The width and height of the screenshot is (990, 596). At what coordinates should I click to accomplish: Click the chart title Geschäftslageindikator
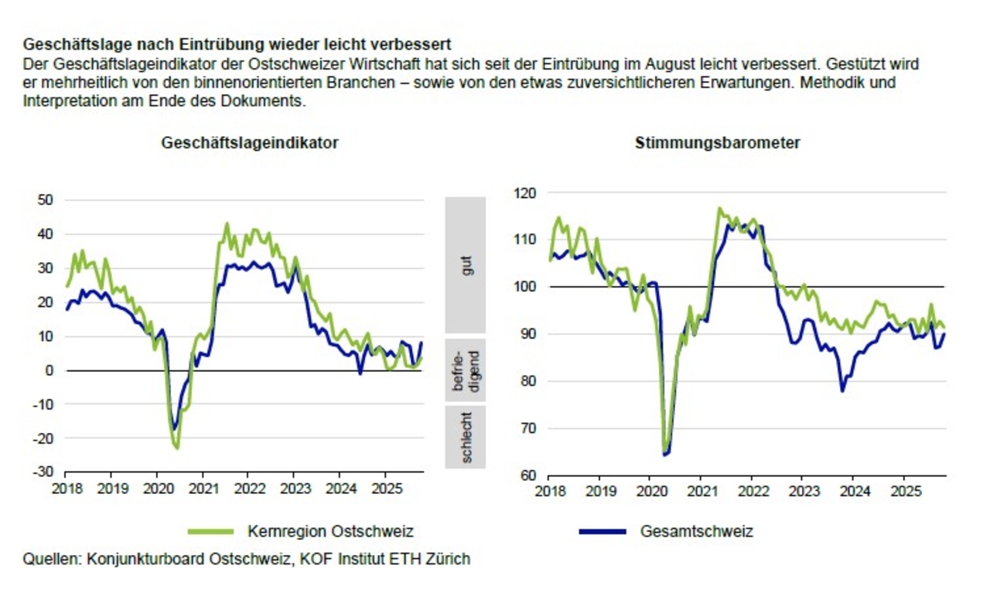pos(250,143)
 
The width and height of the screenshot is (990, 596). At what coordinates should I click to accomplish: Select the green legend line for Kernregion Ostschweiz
pos(210,531)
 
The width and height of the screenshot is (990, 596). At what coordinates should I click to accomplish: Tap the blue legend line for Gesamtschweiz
pos(602,531)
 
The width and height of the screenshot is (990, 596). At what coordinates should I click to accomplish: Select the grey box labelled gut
pos(465,265)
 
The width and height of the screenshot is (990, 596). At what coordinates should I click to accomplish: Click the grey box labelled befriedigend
pos(465,370)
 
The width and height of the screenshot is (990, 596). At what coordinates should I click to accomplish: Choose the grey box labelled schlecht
pos(465,437)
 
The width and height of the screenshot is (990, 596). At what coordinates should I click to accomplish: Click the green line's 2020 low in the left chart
pos(177,448)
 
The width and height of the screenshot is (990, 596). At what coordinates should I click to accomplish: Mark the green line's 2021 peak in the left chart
pos(227,224)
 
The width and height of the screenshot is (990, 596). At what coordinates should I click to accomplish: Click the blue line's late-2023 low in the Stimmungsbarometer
pos(842,390)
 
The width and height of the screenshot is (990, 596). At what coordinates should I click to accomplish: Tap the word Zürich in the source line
pos(449,558)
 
